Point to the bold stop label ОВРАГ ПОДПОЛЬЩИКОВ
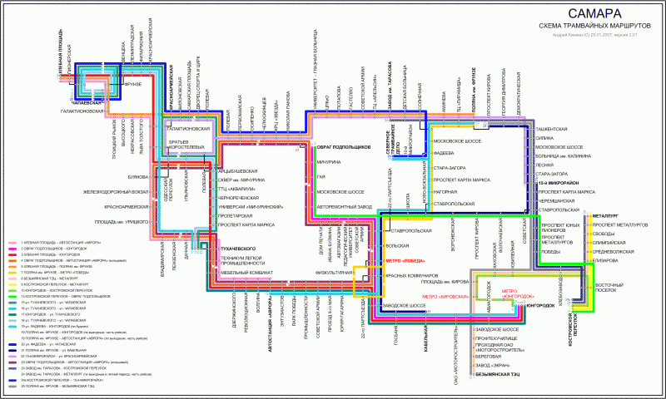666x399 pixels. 344,147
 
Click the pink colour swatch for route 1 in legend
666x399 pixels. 12,242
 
